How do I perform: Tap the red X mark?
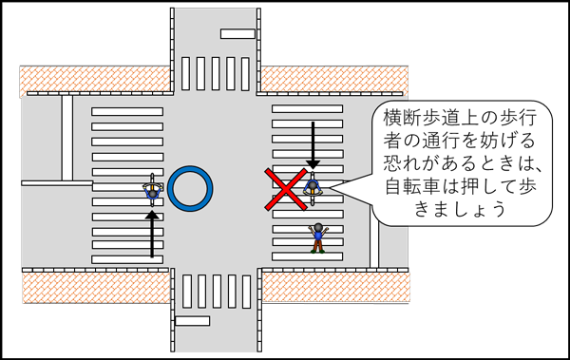tap(289, 189)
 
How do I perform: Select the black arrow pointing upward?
tap(151, 234)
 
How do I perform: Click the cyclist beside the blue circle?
tap(151, 187)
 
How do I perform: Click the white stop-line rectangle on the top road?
tap(237, 34)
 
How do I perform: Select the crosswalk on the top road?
tap(215, 74)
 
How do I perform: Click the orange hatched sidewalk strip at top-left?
tap(95, 79)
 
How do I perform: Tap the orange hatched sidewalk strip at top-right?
tap(332, 79)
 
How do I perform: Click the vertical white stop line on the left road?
tap(66, 137)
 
